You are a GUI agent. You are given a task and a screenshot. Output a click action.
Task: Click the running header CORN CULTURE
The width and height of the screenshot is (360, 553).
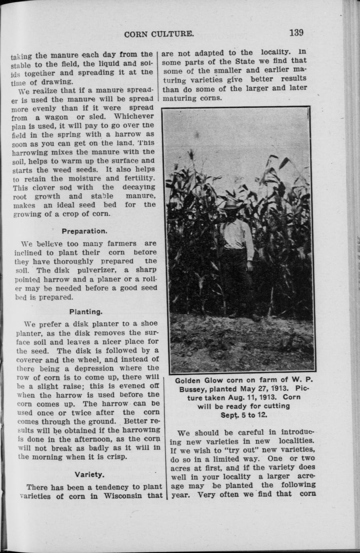[x=159, y=34]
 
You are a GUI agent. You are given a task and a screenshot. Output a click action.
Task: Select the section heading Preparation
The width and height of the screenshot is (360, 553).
[x=84, y=231]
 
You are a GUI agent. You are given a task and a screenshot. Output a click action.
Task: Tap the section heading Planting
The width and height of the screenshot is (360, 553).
[x=86, y=311]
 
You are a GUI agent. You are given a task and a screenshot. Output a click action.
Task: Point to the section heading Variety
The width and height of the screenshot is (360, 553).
[x=90, y=475]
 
